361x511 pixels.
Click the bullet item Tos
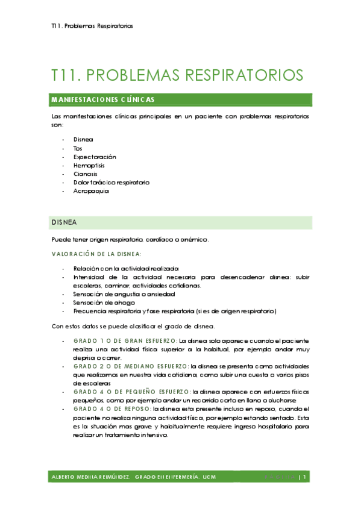click(x=78, y=148)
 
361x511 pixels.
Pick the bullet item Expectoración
click(x=95, y=157)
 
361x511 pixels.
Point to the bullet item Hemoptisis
click(x=90, y=165)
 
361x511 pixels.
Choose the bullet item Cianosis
click(x=86, y=174)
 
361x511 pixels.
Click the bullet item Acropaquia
click(x=91, y=190)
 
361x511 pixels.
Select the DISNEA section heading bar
click(x=181, y=222)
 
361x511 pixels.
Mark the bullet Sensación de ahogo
click(x=104, y=303)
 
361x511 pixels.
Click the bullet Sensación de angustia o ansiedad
click(x=124, y=294)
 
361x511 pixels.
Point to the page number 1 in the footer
click(x=306, y=477)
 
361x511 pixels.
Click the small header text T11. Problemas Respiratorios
click(x=92, y=27)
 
